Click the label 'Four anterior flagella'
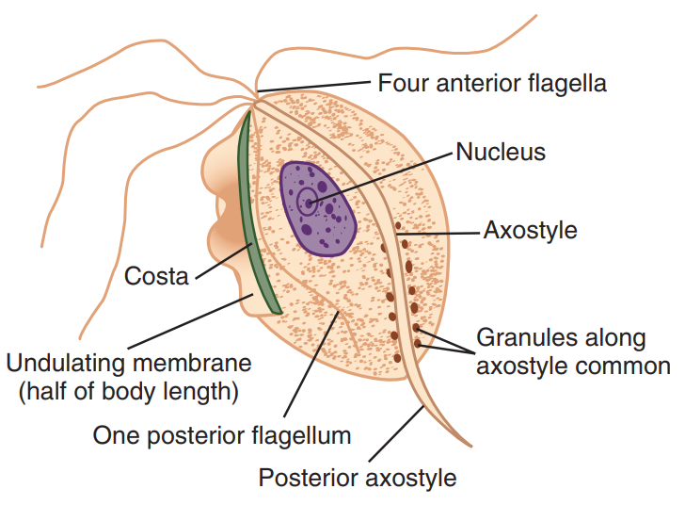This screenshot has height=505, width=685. coord(492,83)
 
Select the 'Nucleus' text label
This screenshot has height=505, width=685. coord(501,151)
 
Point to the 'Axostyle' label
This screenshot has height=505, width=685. coord(530,230)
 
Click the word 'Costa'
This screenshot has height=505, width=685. coord(156,276)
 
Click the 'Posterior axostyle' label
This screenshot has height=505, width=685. coord(358,478)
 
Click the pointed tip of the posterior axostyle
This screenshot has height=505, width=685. coord(469,443)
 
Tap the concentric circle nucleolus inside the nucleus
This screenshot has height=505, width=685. coord(307,200)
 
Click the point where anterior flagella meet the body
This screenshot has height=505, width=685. coord(255,94)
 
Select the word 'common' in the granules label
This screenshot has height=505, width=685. coord(627,366)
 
